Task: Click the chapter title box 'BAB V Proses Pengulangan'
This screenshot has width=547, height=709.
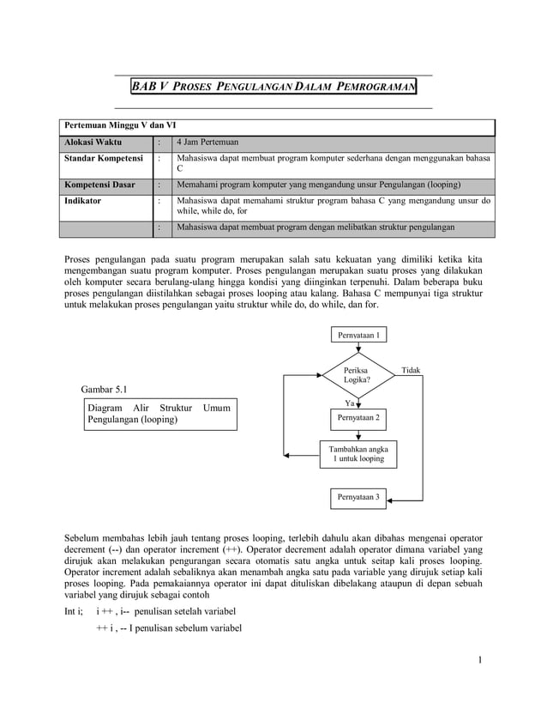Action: [x=273, y=88]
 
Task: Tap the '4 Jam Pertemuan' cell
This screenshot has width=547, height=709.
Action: [x=207, y=142]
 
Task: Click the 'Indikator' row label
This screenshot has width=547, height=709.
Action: [x=83, y=200]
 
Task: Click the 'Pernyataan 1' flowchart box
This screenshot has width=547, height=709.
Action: [x=359, y=335]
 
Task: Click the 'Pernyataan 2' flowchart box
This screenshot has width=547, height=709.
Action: [x=359, y=417]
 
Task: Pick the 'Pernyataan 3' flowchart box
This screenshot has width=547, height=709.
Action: [x=359, y=497]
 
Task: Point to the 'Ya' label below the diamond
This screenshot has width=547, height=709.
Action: [x=349, y=402]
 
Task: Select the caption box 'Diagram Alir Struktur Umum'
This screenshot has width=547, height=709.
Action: [x=159, y=414]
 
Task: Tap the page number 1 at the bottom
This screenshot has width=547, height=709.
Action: [x=482, y=660]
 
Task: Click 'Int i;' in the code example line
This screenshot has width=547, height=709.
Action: [x=75, y=610]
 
